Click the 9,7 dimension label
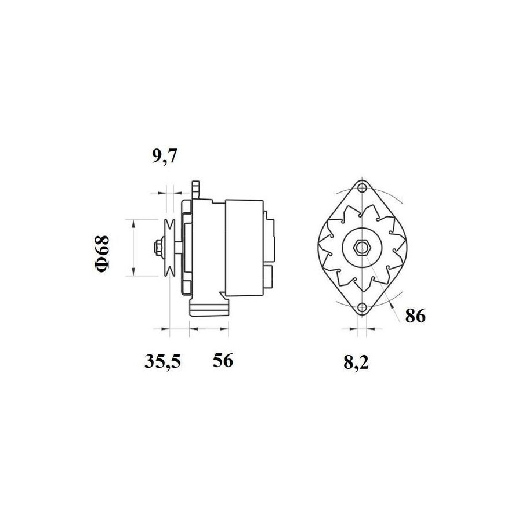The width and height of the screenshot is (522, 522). (164, 157)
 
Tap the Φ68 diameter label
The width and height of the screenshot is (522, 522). (102, 253)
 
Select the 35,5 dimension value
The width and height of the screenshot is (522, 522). (162, 361)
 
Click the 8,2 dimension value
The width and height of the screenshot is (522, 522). (356, 362)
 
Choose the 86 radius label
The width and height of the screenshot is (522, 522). (415, 316)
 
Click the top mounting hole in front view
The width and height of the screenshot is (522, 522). (362, 188)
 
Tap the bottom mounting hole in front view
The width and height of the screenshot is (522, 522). (362, 307)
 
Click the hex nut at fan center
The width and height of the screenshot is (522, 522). (362, 247)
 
